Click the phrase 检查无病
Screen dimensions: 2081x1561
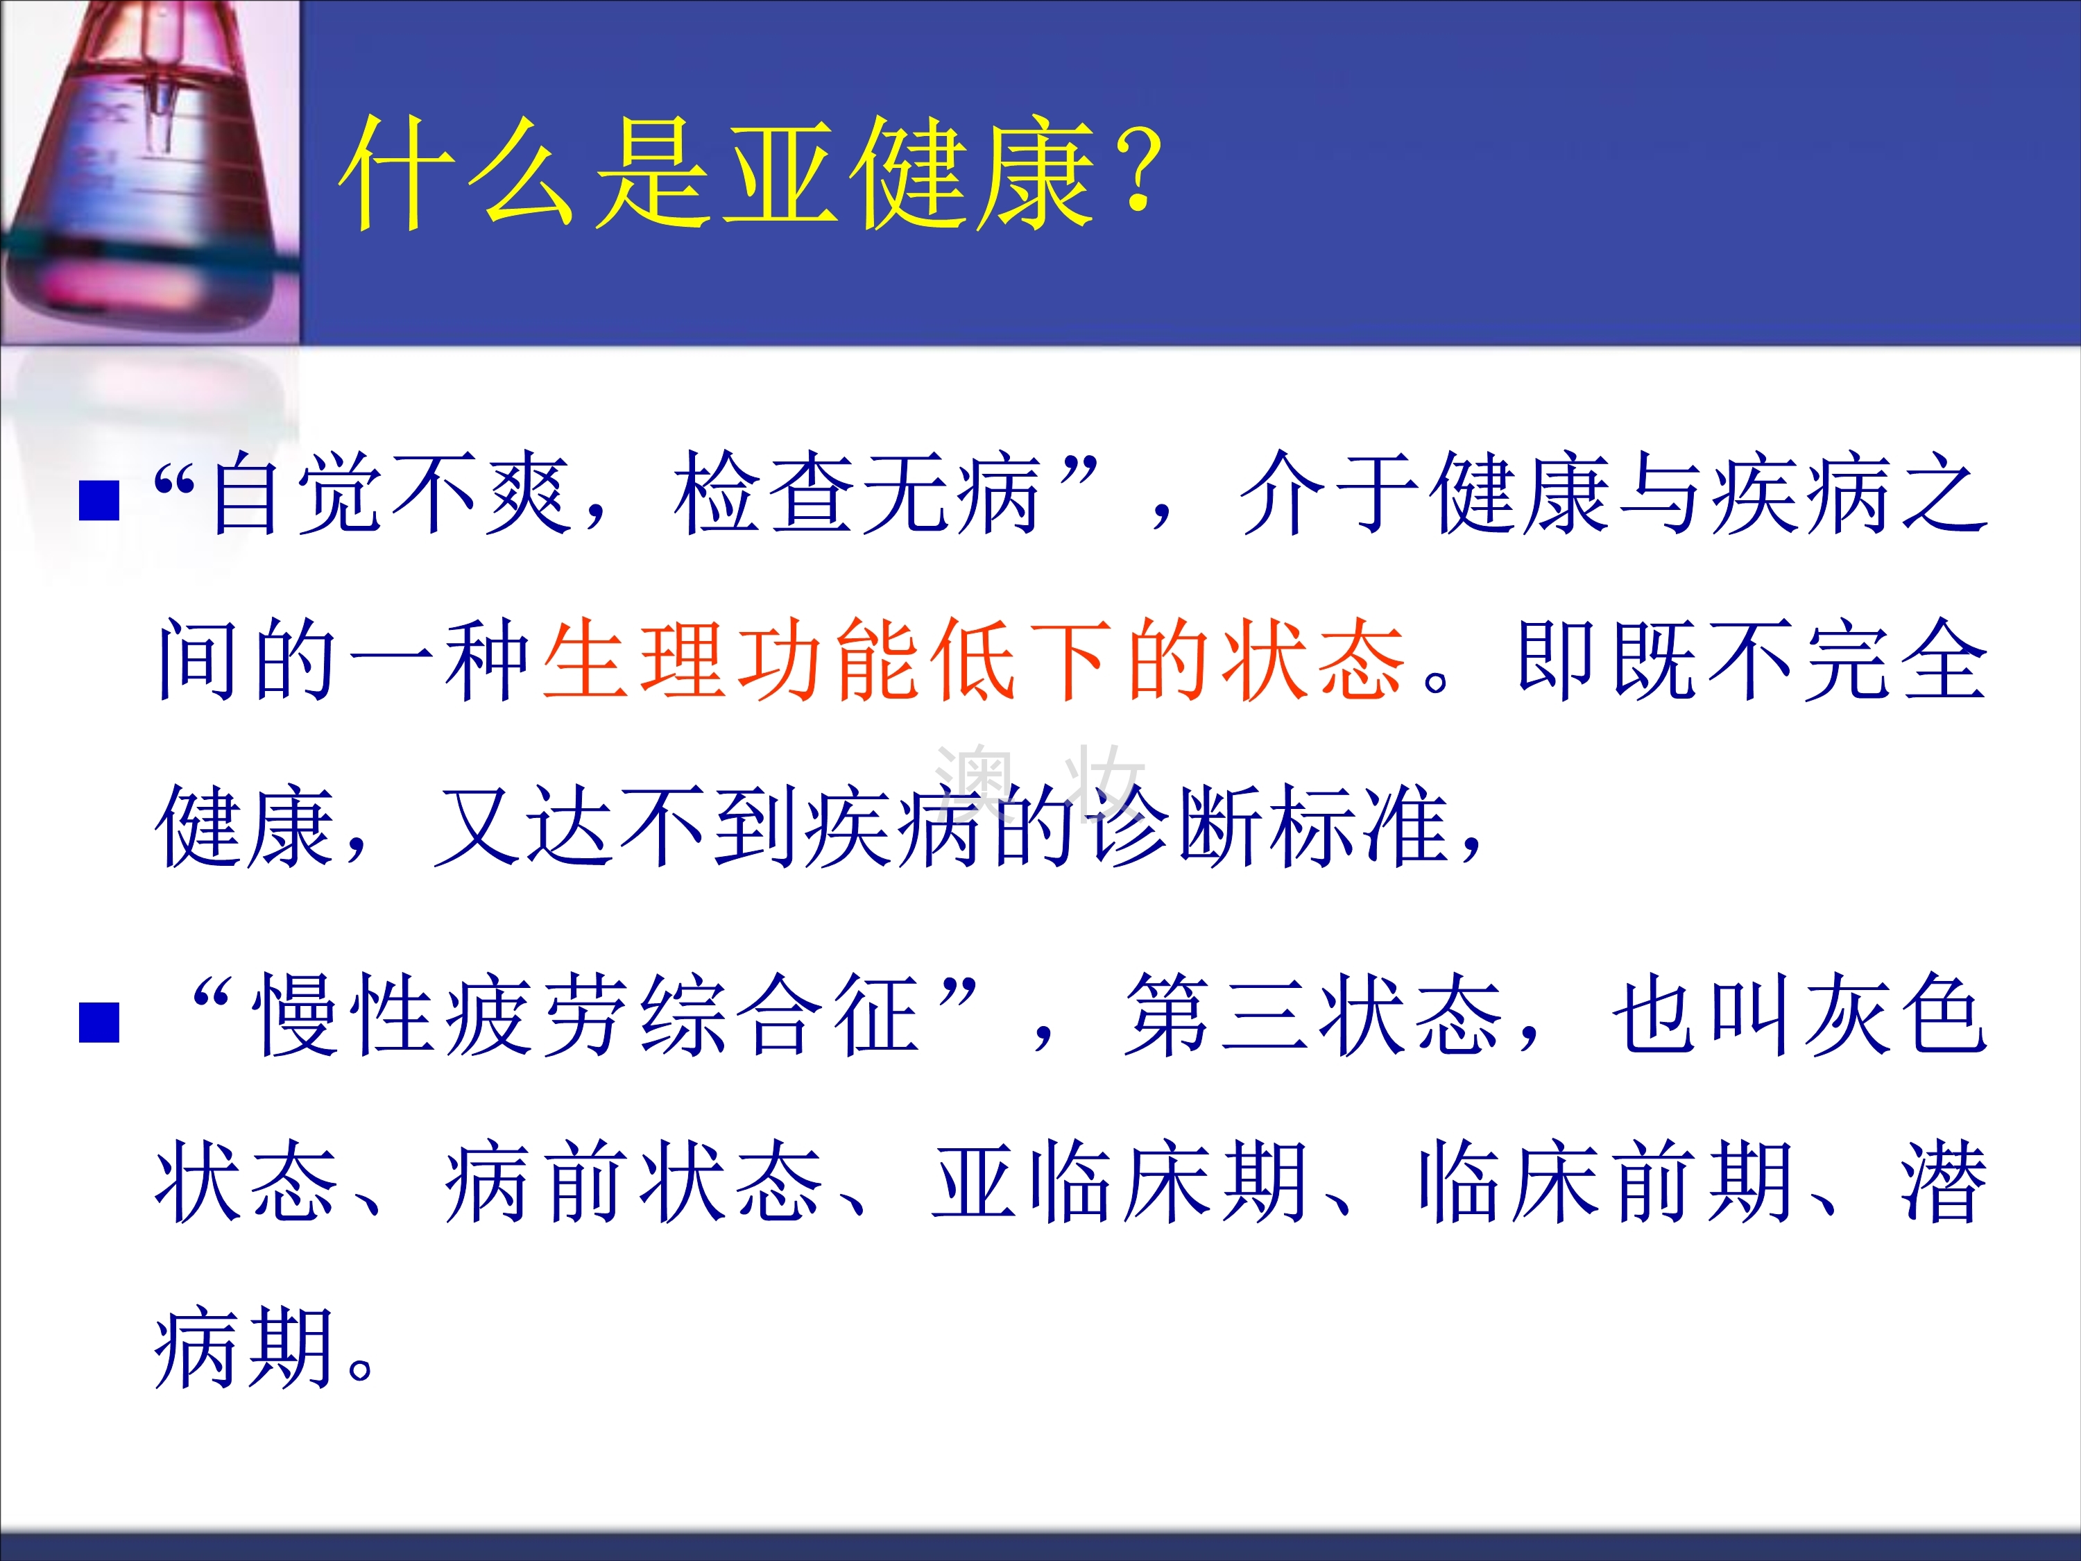point(856,494)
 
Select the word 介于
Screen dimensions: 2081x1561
point(1330,494)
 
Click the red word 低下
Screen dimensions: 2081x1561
point(1022,660)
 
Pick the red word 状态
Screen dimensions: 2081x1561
point(1312,660)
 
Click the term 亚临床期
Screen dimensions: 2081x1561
point(1120,1183)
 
